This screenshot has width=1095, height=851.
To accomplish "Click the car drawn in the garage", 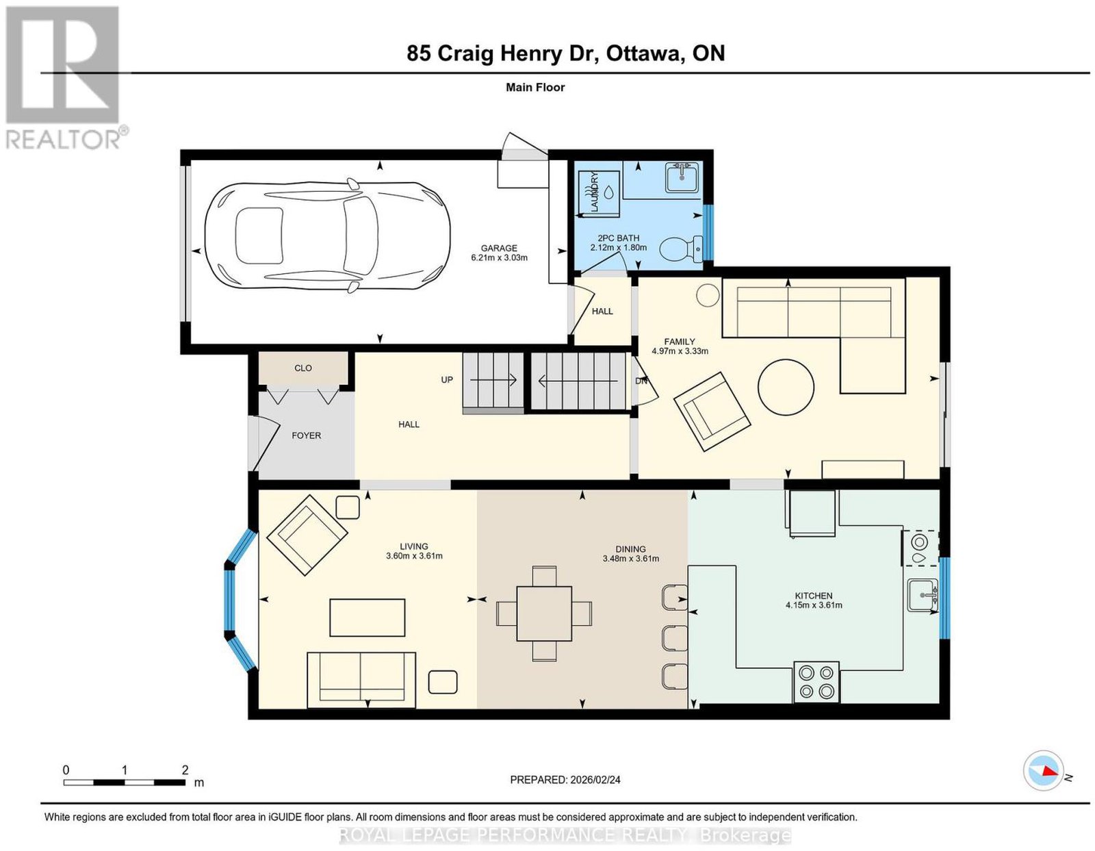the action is pos(327,236).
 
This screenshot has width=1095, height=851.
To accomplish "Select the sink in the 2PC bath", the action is pos(682,177).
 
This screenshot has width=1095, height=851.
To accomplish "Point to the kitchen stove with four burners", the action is pos(816,681).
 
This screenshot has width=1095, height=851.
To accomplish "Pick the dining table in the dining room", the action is pos(544,613).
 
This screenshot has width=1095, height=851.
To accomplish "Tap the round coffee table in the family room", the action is pos(786,386).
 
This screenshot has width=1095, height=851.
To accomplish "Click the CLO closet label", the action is pos(303,368).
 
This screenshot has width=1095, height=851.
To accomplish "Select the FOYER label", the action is pos(307,435).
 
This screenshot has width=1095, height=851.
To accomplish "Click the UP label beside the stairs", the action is pos(447,380).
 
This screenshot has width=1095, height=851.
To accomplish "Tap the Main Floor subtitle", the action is pos(535,87).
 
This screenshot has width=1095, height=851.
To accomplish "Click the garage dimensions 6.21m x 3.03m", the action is pos(499,257).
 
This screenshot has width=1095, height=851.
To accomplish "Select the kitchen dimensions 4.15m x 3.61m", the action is pos(814,605).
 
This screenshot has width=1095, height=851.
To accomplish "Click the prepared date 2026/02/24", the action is pos(595,780).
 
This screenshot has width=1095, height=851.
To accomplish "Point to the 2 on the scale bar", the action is pos(185,770).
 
